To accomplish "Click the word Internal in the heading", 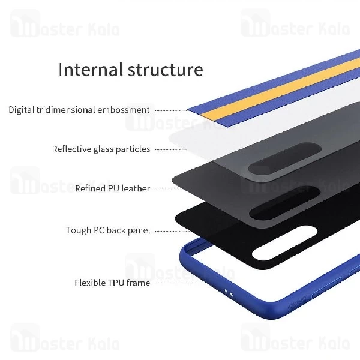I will [x=91, y=70].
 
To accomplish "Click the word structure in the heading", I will [x=166, y=70].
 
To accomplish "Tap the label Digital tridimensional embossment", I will [x=79, y=110].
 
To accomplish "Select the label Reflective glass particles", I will [x=101, y=149].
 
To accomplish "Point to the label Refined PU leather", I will [x=112, y=188].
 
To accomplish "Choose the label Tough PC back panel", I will [x=108, y=230].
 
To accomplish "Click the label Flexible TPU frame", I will [x=112, y=283].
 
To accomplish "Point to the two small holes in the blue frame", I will [x=227, y=292].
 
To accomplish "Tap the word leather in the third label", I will [x=135, y=188].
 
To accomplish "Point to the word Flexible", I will [x=90, y=283].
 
